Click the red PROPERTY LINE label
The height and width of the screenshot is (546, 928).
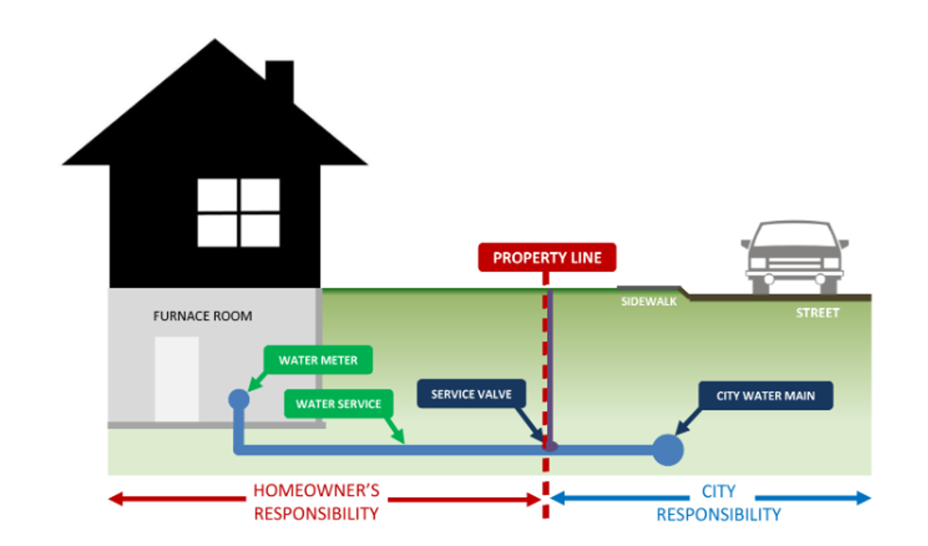(547, 258)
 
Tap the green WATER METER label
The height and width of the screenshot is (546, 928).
(318, 360)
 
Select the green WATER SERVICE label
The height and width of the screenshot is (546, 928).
(338, 403)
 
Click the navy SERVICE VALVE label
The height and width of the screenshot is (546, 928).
(471, 394)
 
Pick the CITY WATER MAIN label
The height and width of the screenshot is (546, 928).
(765, 396)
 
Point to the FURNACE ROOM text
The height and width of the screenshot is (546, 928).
(202, 316)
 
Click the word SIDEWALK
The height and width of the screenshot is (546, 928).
(648, 302)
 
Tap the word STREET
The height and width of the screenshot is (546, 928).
(817, 313)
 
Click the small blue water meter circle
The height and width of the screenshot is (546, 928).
(239, 399)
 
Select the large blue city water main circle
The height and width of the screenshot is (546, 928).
(667, 450)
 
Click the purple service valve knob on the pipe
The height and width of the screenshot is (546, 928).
(551, 445)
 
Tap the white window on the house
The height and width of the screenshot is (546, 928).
(239, 212)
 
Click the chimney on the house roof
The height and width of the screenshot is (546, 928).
(279, 81)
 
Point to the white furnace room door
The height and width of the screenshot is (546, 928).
(176, 379)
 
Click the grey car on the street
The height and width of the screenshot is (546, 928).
(794, 257)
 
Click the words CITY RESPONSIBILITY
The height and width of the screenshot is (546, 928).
(719, 502)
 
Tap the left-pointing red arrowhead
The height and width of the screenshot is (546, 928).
(117, 500)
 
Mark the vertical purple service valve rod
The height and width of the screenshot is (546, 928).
(551, 360)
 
